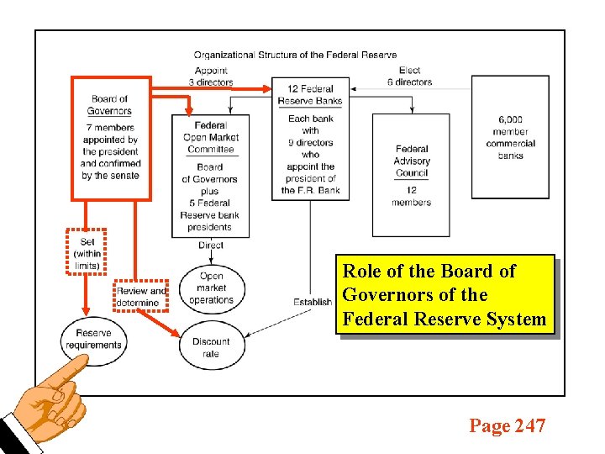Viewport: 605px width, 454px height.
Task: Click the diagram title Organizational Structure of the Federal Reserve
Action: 295,55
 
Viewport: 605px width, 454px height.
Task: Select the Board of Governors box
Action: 110,139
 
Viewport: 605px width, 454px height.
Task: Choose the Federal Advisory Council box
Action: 412,175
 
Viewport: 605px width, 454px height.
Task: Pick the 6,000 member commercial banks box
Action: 510,135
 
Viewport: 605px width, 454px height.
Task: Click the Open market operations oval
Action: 211,288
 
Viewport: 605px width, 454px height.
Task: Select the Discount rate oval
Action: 211,346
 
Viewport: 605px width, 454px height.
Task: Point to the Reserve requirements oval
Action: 93,339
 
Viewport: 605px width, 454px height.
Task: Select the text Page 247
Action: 507,426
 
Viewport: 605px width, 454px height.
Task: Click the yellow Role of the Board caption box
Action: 445,295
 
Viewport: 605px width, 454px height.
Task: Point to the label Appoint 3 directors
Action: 211,77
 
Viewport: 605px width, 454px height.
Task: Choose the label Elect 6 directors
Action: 410,77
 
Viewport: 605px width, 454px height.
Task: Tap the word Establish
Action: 313,303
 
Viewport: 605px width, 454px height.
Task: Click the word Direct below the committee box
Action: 211,245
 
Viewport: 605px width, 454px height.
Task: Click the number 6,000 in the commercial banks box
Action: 510,120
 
